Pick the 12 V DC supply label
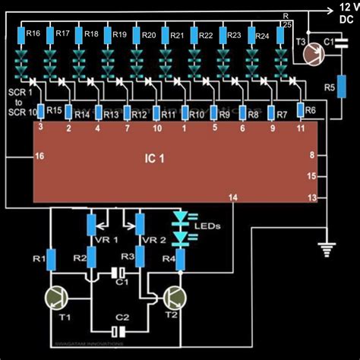point(343,11)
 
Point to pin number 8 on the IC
point(311,155)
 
